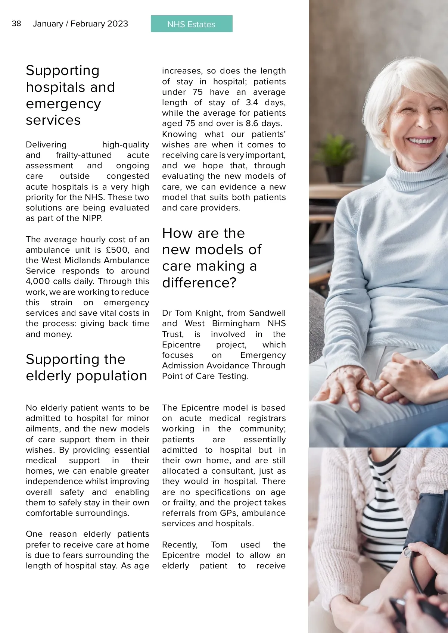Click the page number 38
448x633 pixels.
(16, 24)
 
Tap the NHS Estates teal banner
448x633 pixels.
(192, 24)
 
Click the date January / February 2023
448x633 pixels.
(80, 24)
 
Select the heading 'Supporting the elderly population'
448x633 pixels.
(86, 367)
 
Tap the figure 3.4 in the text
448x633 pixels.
(252, 103)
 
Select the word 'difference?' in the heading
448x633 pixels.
(199, 283)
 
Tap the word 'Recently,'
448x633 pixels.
(180, 545)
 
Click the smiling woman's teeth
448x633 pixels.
(420, 141)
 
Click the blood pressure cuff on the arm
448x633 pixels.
(429, 523)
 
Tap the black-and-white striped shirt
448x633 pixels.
(385, 515)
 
